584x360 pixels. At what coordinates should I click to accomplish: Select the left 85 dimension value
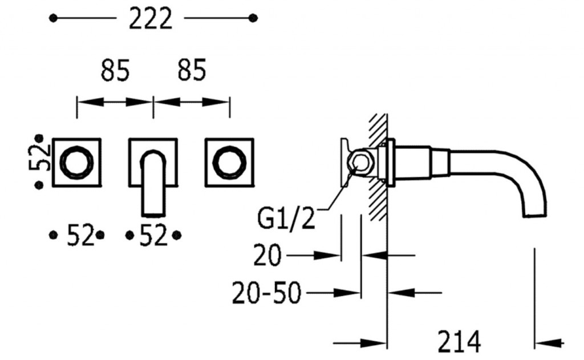pyautogui.click(x=115, y=70)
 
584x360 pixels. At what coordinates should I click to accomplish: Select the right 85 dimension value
pyautogui.click(x=192, y=70)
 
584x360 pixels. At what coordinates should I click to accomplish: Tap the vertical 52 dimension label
pyautogui.click(x=39, y=157)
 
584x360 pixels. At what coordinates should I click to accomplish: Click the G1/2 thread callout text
pyautogui.click(x=286, y=219)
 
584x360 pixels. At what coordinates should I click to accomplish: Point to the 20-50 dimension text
pyautogui.click(x=266, y=293)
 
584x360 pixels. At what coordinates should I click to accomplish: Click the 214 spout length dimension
pyautogui.click(x=459, y=342)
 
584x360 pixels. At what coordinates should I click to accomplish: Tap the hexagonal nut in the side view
pyautogui.click(x=357, y=163)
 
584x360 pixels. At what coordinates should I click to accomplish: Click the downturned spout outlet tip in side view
pyautogui.click(x=536, y=215)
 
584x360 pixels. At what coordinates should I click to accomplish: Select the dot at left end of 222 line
pyautogui.click(x=53, y=18)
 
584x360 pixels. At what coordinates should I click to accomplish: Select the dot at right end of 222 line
pyautogui.click(x=253, y=18)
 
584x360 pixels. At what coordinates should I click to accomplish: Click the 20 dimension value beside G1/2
pyautogui.click(x=267, y=256)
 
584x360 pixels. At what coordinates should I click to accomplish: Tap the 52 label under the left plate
pyautogui.click(x=80, y=236)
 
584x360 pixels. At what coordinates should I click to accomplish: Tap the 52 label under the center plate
pyautogui.click(x=153, y=236)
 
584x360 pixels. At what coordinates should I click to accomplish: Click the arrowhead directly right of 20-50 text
pyautogui.click(x=347, y=293)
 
